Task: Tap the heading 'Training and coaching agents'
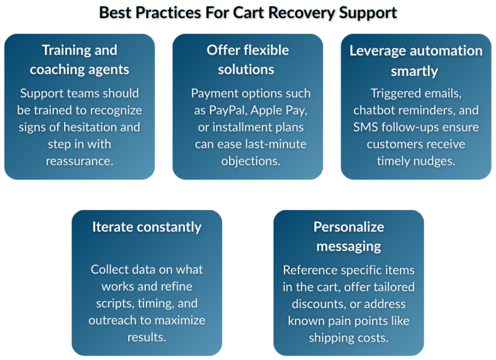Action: tap(79, 60)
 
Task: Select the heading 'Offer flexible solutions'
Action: tap(247, 60)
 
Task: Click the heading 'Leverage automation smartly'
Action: tap(415, 61)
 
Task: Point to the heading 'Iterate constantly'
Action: tap(147, 227)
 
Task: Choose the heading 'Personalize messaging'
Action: tap(349, 236)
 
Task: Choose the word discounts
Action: tap(318, 304)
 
